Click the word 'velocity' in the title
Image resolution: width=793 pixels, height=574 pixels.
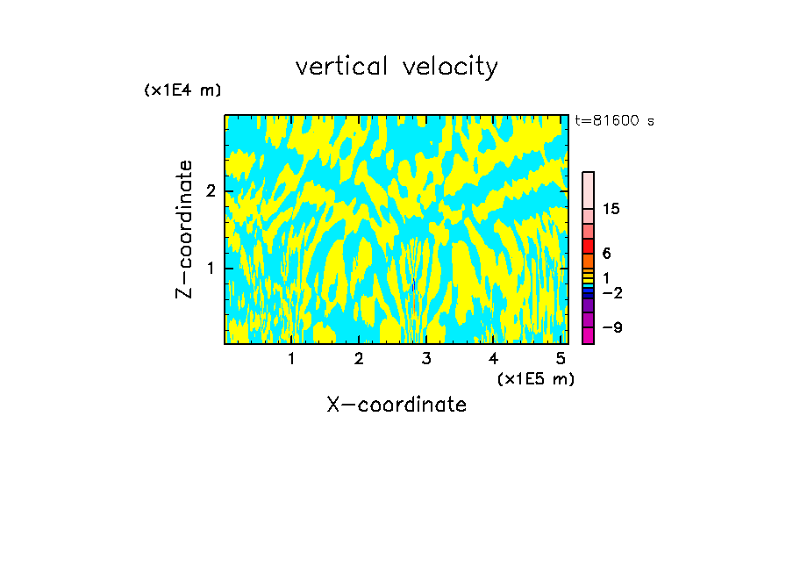[x=449, y=67]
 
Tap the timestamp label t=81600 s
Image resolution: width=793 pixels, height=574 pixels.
[x=614, y=121]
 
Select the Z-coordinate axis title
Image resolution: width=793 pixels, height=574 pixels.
[x=184, y=229]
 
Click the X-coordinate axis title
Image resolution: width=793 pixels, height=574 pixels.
[x=396, y=405]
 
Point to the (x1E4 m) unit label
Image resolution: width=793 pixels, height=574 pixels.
[x=182, y=90]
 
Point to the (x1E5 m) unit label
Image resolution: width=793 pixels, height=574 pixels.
[x=535, y=378]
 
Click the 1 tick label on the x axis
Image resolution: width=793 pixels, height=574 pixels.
[x=291, y=358]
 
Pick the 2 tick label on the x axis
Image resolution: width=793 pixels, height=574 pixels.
[x=359, y=358]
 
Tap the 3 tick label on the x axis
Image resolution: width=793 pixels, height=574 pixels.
[x=426, y=358]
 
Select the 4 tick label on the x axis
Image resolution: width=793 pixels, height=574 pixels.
[x=493, y=358]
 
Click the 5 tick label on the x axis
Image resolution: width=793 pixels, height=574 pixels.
[x=561, y=358]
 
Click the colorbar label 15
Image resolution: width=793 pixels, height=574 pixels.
[x=611, y=209]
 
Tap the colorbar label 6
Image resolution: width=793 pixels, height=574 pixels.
[x=606, y=254]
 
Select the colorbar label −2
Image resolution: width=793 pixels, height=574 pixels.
[x=611, y=293]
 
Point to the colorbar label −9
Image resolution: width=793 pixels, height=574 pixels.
[x=611, y=327]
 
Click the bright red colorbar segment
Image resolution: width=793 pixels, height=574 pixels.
[x=588, y=246]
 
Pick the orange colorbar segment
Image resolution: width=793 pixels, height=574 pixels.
[x=588, y=261]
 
